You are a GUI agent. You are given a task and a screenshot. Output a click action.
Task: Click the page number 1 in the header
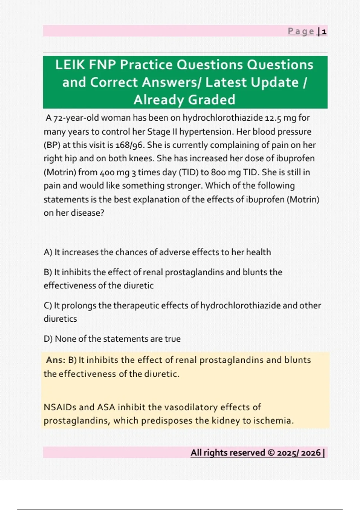(324, 31)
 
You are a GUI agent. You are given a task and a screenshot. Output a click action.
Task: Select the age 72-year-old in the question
(76, 118)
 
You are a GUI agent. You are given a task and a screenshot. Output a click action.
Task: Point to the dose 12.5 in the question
(273, 118)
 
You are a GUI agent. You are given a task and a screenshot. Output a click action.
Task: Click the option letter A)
(48, 252)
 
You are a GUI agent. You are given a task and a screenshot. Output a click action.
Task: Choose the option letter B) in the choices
(48, 272)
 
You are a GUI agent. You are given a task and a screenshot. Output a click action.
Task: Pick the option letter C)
(48, 306)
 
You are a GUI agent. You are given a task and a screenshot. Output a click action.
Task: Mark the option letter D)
(48, 339)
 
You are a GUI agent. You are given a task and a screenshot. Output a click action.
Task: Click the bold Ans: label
(56, 360)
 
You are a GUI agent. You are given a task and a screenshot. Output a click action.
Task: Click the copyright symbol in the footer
(271, 453)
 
